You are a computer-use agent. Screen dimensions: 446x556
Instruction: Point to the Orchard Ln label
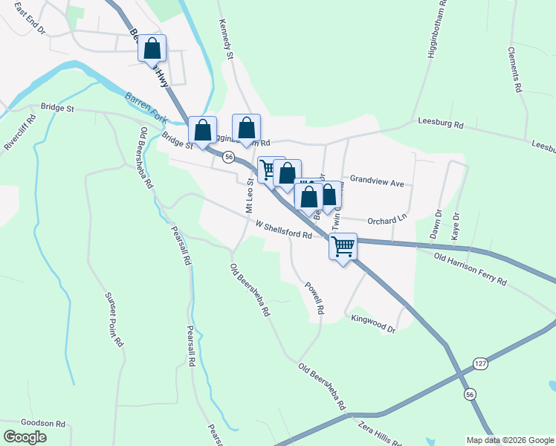click(387, 219)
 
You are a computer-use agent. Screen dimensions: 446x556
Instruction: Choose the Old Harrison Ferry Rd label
click(471, 269)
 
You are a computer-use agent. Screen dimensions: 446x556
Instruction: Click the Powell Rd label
click(315, 297)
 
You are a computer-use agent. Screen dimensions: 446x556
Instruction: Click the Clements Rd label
click(514, 70)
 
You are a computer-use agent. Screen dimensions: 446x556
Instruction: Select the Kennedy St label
click(227, 41)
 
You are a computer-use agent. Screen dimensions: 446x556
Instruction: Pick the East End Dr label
click(30, 24)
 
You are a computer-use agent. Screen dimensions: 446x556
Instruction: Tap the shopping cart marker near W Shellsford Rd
click(343, 245)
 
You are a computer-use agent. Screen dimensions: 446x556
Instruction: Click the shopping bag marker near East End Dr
click(152, 48)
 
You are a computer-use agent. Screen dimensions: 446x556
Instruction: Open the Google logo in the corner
click(25, 437)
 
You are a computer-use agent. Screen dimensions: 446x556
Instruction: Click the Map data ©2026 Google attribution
click(510, 439)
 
